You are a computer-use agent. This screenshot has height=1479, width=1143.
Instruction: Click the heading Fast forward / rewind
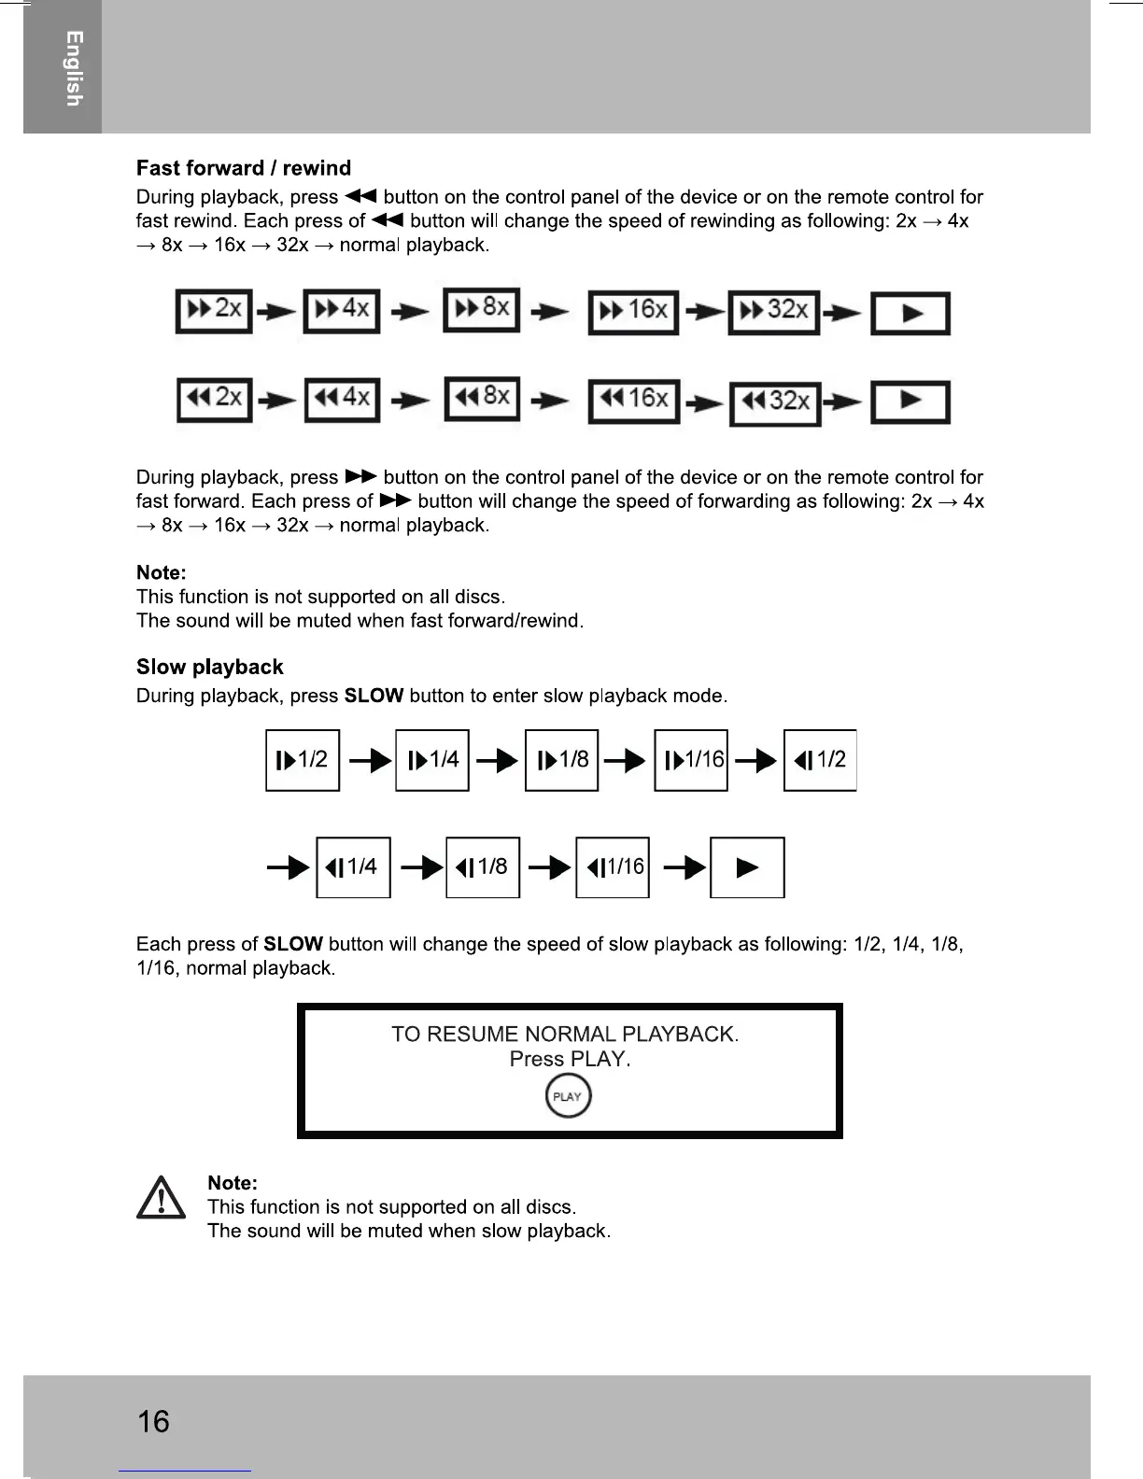[244, 168]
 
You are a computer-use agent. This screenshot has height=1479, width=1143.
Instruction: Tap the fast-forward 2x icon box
[214, 311]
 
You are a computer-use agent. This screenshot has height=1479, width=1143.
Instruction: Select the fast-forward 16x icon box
[633, 311]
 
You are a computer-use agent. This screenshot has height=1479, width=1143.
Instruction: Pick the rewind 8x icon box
[482, 399]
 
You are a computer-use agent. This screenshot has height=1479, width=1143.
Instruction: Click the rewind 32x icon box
[774, 403]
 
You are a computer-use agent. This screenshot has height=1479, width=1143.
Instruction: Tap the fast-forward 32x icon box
[773, 312]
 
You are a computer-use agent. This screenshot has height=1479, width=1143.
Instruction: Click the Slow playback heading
[209, 667]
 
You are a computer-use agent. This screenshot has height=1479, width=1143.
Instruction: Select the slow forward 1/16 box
[691, 760]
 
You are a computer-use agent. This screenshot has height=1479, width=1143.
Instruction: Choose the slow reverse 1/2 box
[820, 760]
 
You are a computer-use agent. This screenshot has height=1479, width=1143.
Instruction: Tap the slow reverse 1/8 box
[483, 867]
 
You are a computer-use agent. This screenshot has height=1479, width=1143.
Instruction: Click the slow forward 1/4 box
[432, 760]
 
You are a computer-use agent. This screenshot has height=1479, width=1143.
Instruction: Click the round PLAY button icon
[568, 1096]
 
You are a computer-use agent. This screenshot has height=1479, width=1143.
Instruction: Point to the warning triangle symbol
[161, 1198]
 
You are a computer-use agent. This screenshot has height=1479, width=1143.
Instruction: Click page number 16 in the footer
[153, 1421]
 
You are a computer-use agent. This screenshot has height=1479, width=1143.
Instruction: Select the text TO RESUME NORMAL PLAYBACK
[565, 1034]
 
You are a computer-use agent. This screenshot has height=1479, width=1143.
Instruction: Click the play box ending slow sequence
[747, 867]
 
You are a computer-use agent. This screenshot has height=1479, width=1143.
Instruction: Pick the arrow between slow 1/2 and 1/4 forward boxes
[369, 762]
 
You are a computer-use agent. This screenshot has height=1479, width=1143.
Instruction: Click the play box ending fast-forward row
[910, 314]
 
